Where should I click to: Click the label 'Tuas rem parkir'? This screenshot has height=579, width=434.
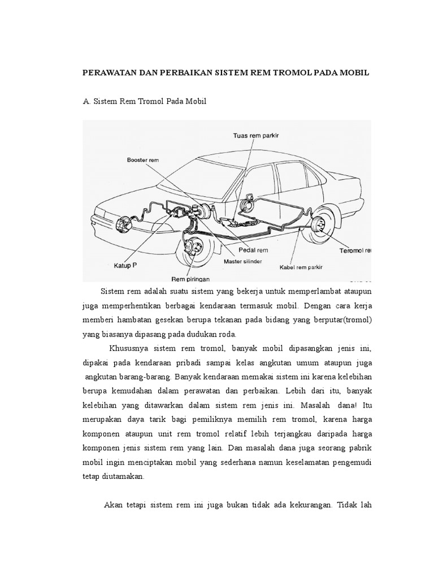click(257, 136)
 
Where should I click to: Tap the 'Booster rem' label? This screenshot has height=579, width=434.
click(141, 161)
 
